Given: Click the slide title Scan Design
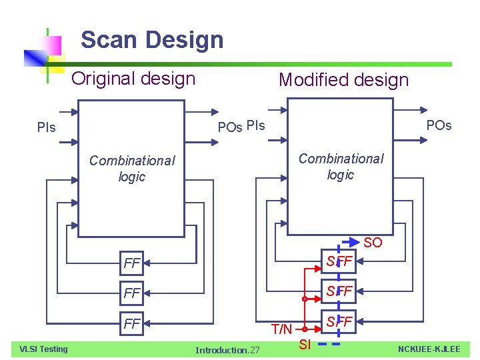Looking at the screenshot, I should click(152, 40).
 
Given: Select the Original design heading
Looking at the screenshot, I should click(133, 79).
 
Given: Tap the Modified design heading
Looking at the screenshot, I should click(343, 80).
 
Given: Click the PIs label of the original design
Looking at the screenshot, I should click(47, 127).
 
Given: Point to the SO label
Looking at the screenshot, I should click(373, 243).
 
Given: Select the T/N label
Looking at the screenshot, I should click(281, 329).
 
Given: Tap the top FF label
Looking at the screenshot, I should click(132, 263).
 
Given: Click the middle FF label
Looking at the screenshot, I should click(132, 293).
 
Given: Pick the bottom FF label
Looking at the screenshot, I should click(132, 324).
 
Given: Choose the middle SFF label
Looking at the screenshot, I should click(339, 291).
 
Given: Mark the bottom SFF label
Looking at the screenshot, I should click(339, 322).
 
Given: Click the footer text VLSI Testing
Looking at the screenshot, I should click(43, 349).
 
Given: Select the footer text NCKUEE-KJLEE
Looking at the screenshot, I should click(429, 349).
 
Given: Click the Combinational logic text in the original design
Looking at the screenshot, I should click(132, 169).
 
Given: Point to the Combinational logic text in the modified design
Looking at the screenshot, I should click(341, 167).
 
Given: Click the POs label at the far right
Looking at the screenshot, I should click(439, 125).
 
